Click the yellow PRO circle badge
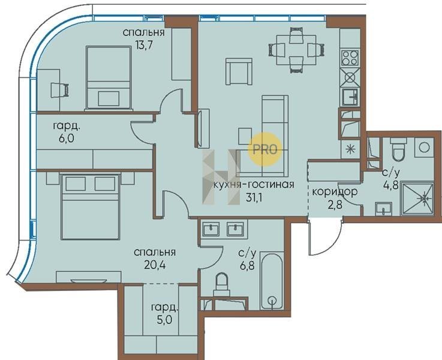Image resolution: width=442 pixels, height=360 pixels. click(x=265, y=149)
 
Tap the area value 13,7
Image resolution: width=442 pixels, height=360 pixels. click(x=144, y=45)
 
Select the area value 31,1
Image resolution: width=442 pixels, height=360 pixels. click(x=254, y=197)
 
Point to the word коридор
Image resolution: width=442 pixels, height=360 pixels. click(x=335, y=192)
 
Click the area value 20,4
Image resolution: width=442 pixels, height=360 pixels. click(x=154, y=265)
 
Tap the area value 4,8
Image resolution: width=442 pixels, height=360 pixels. click(x=391, y=185)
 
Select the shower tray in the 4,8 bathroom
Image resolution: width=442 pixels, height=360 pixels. click(x=417, y=199)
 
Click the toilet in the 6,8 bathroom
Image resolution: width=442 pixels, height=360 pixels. click(x=222, y=284)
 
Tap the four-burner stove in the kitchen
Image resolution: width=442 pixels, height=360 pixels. click(x=350, y=58)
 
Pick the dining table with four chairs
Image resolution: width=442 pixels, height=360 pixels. click(x=296, y=50)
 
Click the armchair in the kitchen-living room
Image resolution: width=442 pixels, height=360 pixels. click(x=239, y=71)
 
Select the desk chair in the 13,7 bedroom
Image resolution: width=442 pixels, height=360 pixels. click(x=60, y=91)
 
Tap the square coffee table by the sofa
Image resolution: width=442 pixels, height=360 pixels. click(x=245, y=136)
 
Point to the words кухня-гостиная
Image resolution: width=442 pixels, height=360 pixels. click(x=254, y=185)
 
